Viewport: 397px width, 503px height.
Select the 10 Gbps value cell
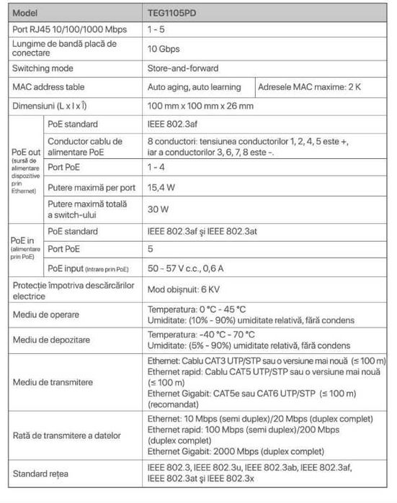click(164, 50)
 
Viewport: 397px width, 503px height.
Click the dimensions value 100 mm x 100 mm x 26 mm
click(200, 106)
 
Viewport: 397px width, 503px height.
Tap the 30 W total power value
click(158, 210)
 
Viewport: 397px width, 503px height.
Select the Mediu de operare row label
click(46, 314)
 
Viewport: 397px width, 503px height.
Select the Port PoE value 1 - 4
click(157, 167)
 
